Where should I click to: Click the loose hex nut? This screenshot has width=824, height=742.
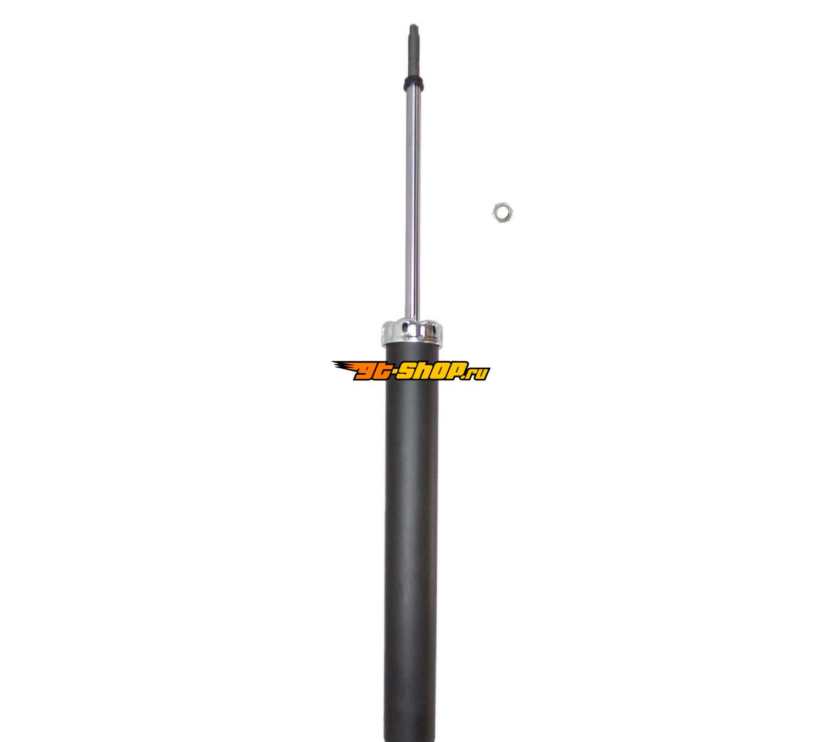[x=503, y=213]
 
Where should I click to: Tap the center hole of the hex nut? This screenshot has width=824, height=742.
[x=502, y=213]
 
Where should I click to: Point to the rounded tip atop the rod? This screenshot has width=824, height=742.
[x=413, y=27]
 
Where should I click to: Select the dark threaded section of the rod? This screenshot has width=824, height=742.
[x=413, y=51]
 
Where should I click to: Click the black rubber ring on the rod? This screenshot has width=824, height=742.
[x=413, y=79]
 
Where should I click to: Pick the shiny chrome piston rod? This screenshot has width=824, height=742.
[x=413, y=201]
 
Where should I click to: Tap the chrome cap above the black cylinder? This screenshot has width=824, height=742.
[x=412, y=333]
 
